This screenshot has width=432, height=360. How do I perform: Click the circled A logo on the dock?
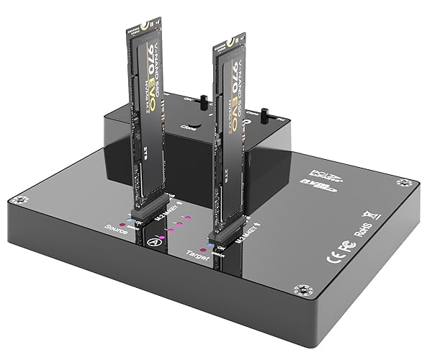[152, 242]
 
